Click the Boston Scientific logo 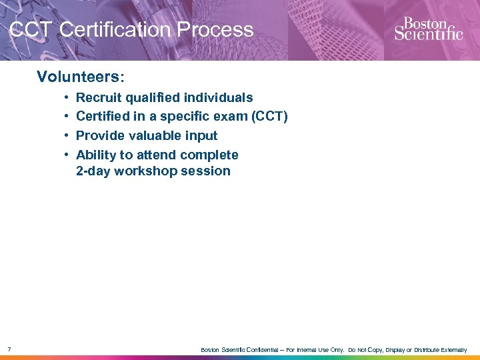(428, 29)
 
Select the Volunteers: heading (75, 77)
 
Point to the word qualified (151, 98)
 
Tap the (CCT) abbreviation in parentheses (266, 117)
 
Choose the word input (202, 136)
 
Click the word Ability (96, 155)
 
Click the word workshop (142, 171)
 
